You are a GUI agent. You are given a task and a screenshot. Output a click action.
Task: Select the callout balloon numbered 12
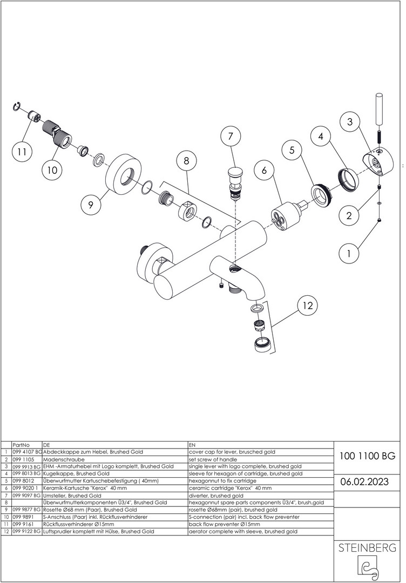(307, 306)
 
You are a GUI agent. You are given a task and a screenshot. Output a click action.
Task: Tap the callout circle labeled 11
(22, 152)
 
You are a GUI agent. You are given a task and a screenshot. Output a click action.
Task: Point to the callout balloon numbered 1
(349, 253)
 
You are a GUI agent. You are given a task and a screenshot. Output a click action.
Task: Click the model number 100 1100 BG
(368, 456)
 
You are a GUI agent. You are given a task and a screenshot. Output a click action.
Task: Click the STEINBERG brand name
(367, 548)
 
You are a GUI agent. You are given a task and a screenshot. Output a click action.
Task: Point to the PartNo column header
(20, 444)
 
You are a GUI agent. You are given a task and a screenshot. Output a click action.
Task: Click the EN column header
(193, 444)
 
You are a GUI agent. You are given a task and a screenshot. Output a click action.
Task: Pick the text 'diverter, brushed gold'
(214, 495)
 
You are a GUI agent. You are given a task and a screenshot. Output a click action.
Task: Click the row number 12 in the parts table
(6, 532)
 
